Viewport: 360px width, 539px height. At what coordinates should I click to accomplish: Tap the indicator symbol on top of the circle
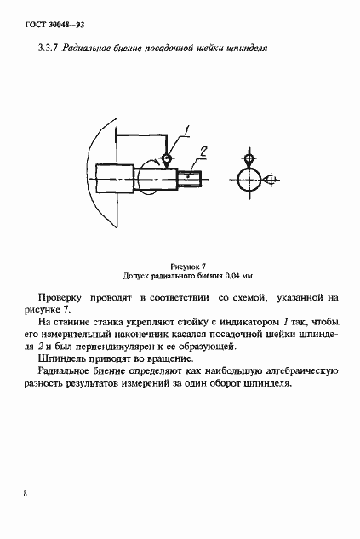click(x=249, y=158)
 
